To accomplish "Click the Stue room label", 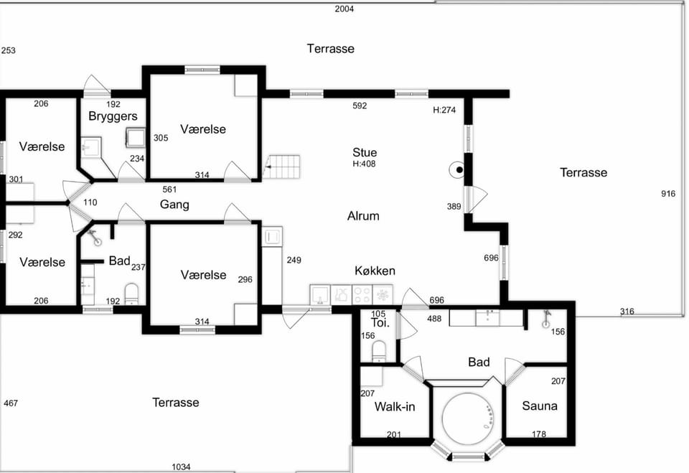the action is pos(365,153).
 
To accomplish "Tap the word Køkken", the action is pos(375,271).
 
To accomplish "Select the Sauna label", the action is pos(540,406).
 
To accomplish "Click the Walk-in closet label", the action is pos(395,407).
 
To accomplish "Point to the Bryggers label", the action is pos(113,116).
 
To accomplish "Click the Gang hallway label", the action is pos(174,205).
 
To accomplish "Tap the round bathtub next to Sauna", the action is pos(468,416).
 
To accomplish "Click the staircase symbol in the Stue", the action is pos(281,167).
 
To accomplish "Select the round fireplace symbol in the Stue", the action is pos(457,169).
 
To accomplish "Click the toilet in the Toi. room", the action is pos(378,350).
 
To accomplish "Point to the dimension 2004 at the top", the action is pos(344,9).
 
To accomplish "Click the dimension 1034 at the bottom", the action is pos(181,467).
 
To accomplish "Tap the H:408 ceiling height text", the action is pos(365,164).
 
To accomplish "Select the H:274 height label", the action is pos(444,110).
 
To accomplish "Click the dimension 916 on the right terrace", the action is pos(668,193).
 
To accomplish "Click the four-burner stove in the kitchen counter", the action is pos(362,294).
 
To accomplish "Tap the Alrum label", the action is pos(363,216).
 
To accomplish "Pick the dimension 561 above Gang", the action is pos(169,189).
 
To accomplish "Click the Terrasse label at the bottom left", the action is pos(175,402).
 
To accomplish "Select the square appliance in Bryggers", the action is pos(136,137).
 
